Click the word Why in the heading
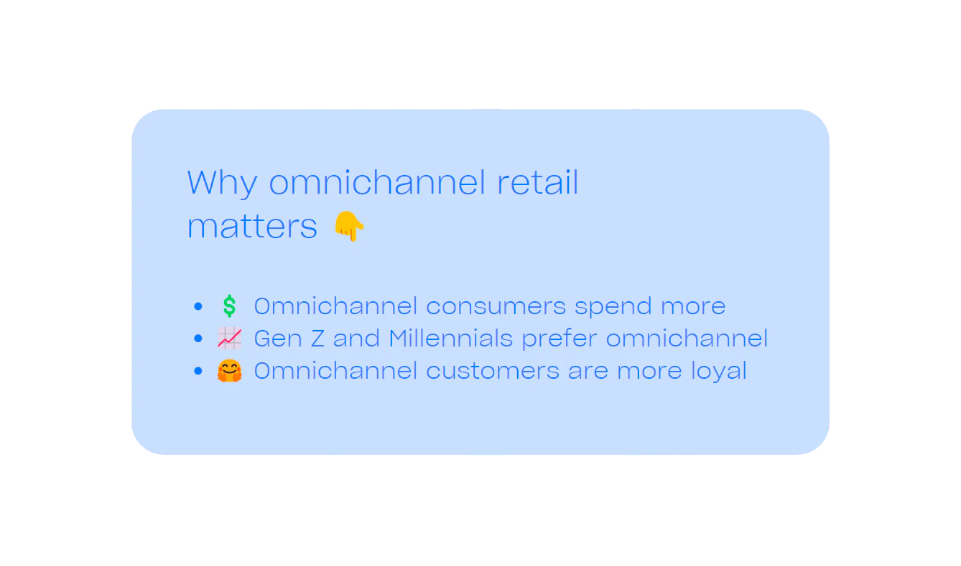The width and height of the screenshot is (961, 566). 221,183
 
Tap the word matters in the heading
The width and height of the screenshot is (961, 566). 252,227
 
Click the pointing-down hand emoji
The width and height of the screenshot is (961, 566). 350,227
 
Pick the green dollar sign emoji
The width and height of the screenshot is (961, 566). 229,306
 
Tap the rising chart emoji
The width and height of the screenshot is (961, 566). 229,338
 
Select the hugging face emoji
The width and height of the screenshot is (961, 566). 229,371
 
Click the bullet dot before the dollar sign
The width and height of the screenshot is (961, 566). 198,307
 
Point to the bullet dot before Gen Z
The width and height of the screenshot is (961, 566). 198,339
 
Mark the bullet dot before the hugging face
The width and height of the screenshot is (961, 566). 198,372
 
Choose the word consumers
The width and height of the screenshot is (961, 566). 496,306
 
